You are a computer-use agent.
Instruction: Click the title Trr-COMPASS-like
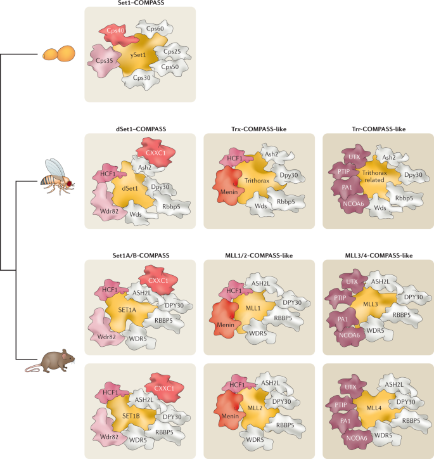[378, 129]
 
